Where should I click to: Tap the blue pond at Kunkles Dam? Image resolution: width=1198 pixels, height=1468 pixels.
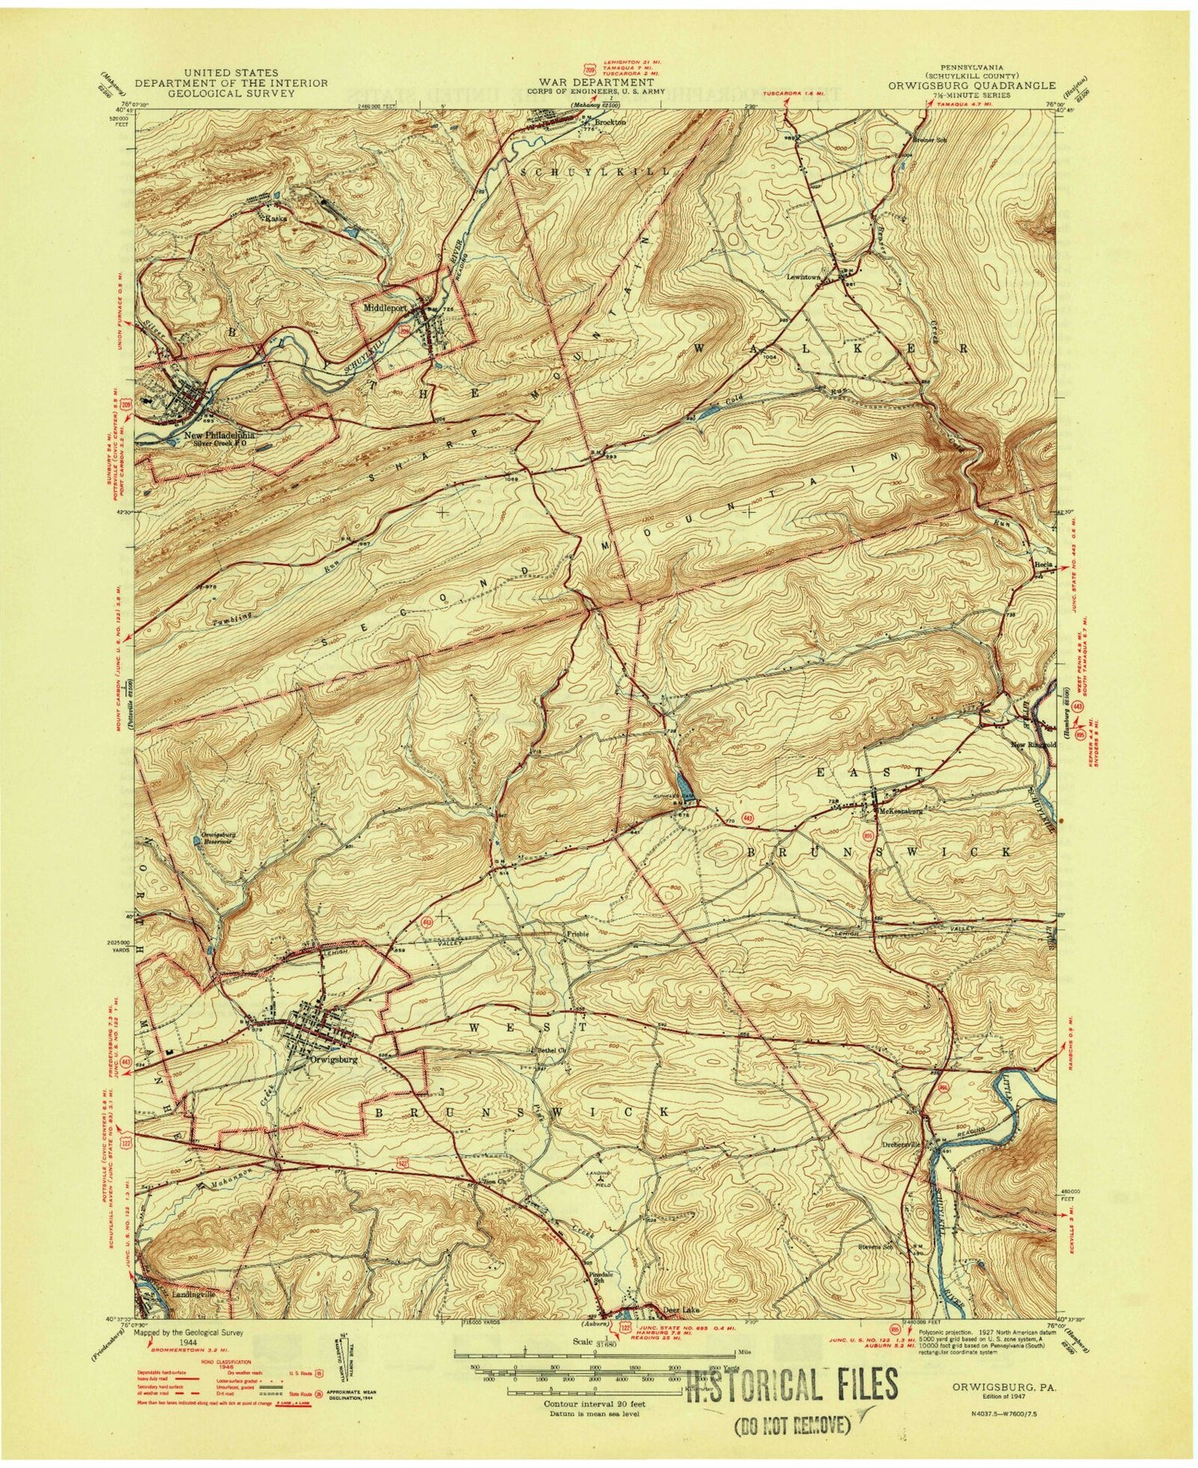click(x=681, y=782)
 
